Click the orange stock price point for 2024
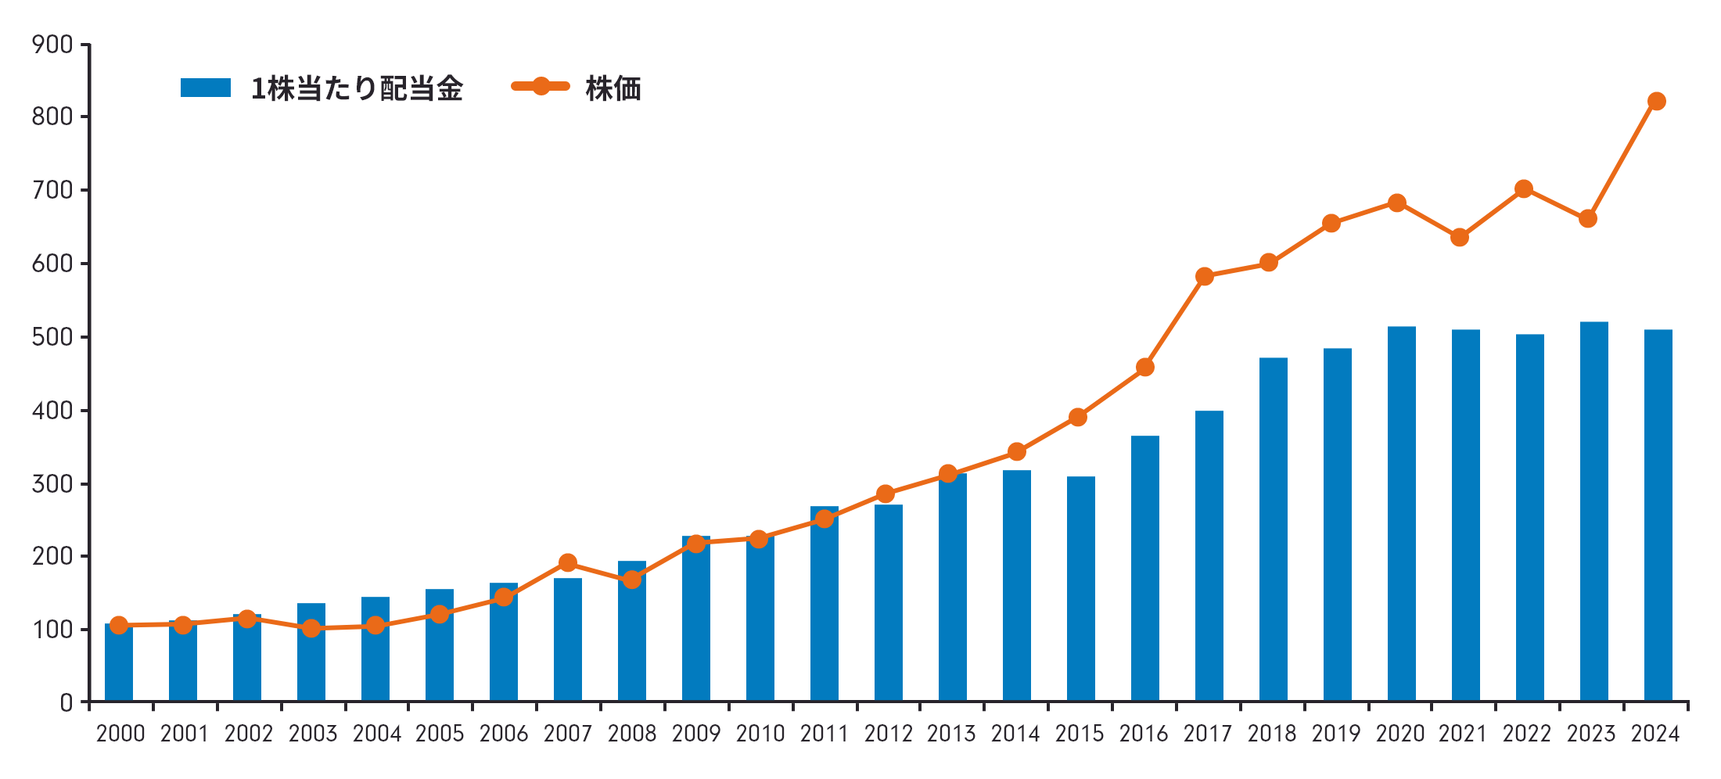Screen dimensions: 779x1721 [x=1656, y=102]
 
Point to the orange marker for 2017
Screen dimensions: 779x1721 [x=1205, y=276]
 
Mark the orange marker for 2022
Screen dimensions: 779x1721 [x=1523, y=189]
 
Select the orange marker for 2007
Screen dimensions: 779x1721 [x=568, y=563]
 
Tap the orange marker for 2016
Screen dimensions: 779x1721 [x=1145, y=367]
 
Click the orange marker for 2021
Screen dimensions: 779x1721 [x=1459, y=237]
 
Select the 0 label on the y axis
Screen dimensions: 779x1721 [x=66, y=702]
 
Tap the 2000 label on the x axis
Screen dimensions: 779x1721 [x=120, y=734]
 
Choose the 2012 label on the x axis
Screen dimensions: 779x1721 [x=889, y=734]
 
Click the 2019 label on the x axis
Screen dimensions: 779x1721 [x=1336, y=734]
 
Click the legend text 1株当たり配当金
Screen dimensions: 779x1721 [x=357, y=89]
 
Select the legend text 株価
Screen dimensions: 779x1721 [x=613, y=89]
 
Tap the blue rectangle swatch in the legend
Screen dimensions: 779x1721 [x=206, y=88]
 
